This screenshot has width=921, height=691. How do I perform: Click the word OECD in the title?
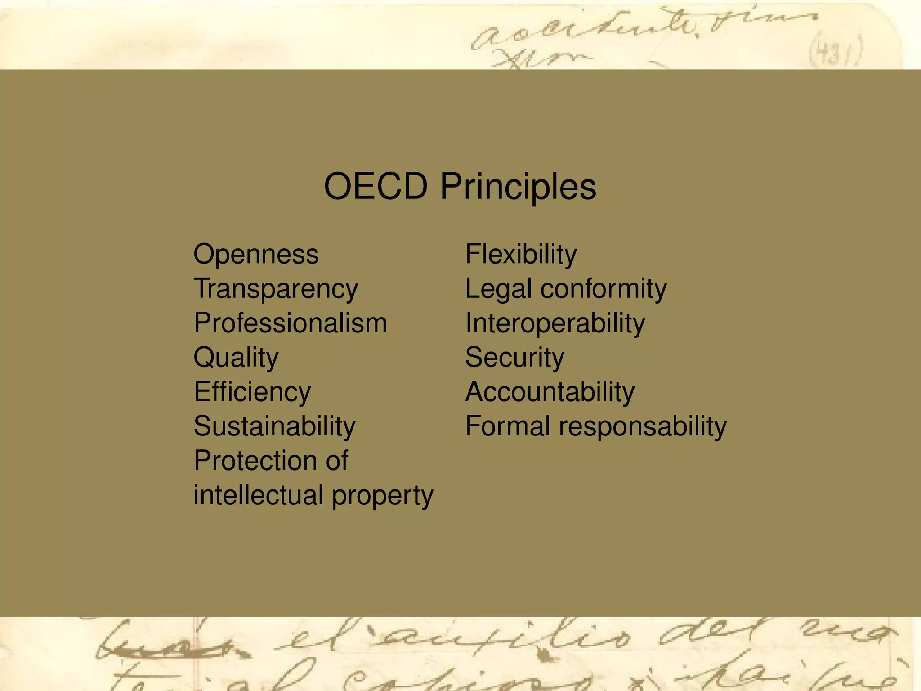376,186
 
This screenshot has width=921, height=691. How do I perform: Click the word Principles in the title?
518,187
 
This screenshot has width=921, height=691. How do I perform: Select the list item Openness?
256,254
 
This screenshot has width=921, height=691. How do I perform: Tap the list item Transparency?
276,289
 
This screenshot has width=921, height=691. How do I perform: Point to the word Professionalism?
290,323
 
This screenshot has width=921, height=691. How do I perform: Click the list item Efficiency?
252,392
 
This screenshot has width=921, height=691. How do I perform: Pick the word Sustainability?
274,426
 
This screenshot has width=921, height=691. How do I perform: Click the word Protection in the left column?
254,460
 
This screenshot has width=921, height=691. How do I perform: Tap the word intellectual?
259,495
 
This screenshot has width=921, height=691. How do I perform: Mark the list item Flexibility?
521,254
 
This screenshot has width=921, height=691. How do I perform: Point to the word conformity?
604,289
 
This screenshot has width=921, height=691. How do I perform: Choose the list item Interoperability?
555,323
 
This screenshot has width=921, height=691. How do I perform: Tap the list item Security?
514,358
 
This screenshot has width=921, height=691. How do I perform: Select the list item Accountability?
550,392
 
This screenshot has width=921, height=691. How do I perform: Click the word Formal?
508,426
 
